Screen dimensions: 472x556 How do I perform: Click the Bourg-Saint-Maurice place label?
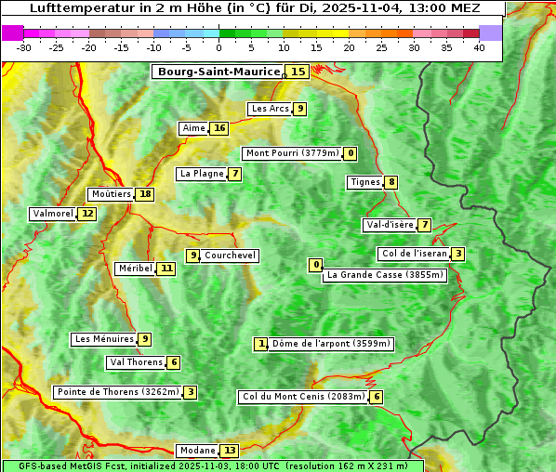(x=218, y=72)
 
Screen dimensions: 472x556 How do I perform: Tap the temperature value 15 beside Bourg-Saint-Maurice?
(x=298, y=72)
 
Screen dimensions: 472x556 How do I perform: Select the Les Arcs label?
(x=271, y=109)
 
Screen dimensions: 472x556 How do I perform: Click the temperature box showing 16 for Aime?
(x=218, y=128)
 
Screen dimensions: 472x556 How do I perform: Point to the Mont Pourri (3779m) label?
(x=292, y=153)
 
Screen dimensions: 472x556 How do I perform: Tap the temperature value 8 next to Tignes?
(x=391, y=182)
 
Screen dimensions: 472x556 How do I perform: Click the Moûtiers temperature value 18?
(x=145, y=194)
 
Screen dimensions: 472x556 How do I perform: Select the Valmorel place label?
(x=52, y=214)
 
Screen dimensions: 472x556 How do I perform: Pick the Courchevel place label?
(x=230, y=256)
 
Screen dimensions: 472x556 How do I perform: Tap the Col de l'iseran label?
(x=414, y=254)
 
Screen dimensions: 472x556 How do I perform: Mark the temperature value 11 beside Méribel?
(x=166, y=269)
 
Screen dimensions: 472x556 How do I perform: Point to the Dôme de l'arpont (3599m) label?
(x=331, y=344)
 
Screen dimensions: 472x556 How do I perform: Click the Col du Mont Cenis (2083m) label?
(x=303, y=397)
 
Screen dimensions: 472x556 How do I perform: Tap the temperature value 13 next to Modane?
(x=230, y=451)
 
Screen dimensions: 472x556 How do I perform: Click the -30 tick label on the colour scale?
(x=24, y=47)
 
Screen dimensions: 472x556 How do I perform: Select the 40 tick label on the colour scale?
(x=478, y=47)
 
